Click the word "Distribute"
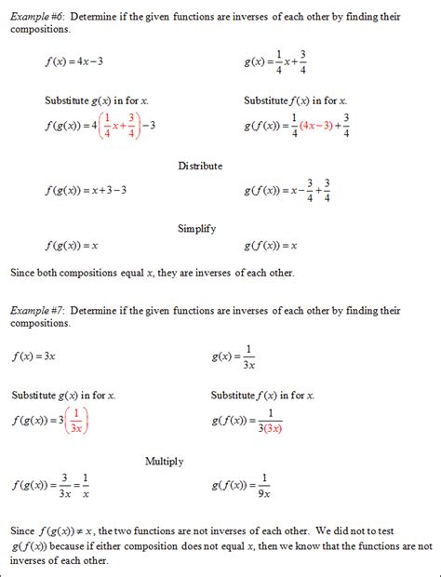click(200, 166)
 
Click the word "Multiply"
click(165, 461)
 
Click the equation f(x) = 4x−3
click(73, 63)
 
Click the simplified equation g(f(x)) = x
click(271, 246)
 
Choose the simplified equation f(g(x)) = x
click(72, 246)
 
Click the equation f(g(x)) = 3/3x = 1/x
click(52, 486)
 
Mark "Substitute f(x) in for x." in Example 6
click(295, 101)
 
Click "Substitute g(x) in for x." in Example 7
click(64, 395)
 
